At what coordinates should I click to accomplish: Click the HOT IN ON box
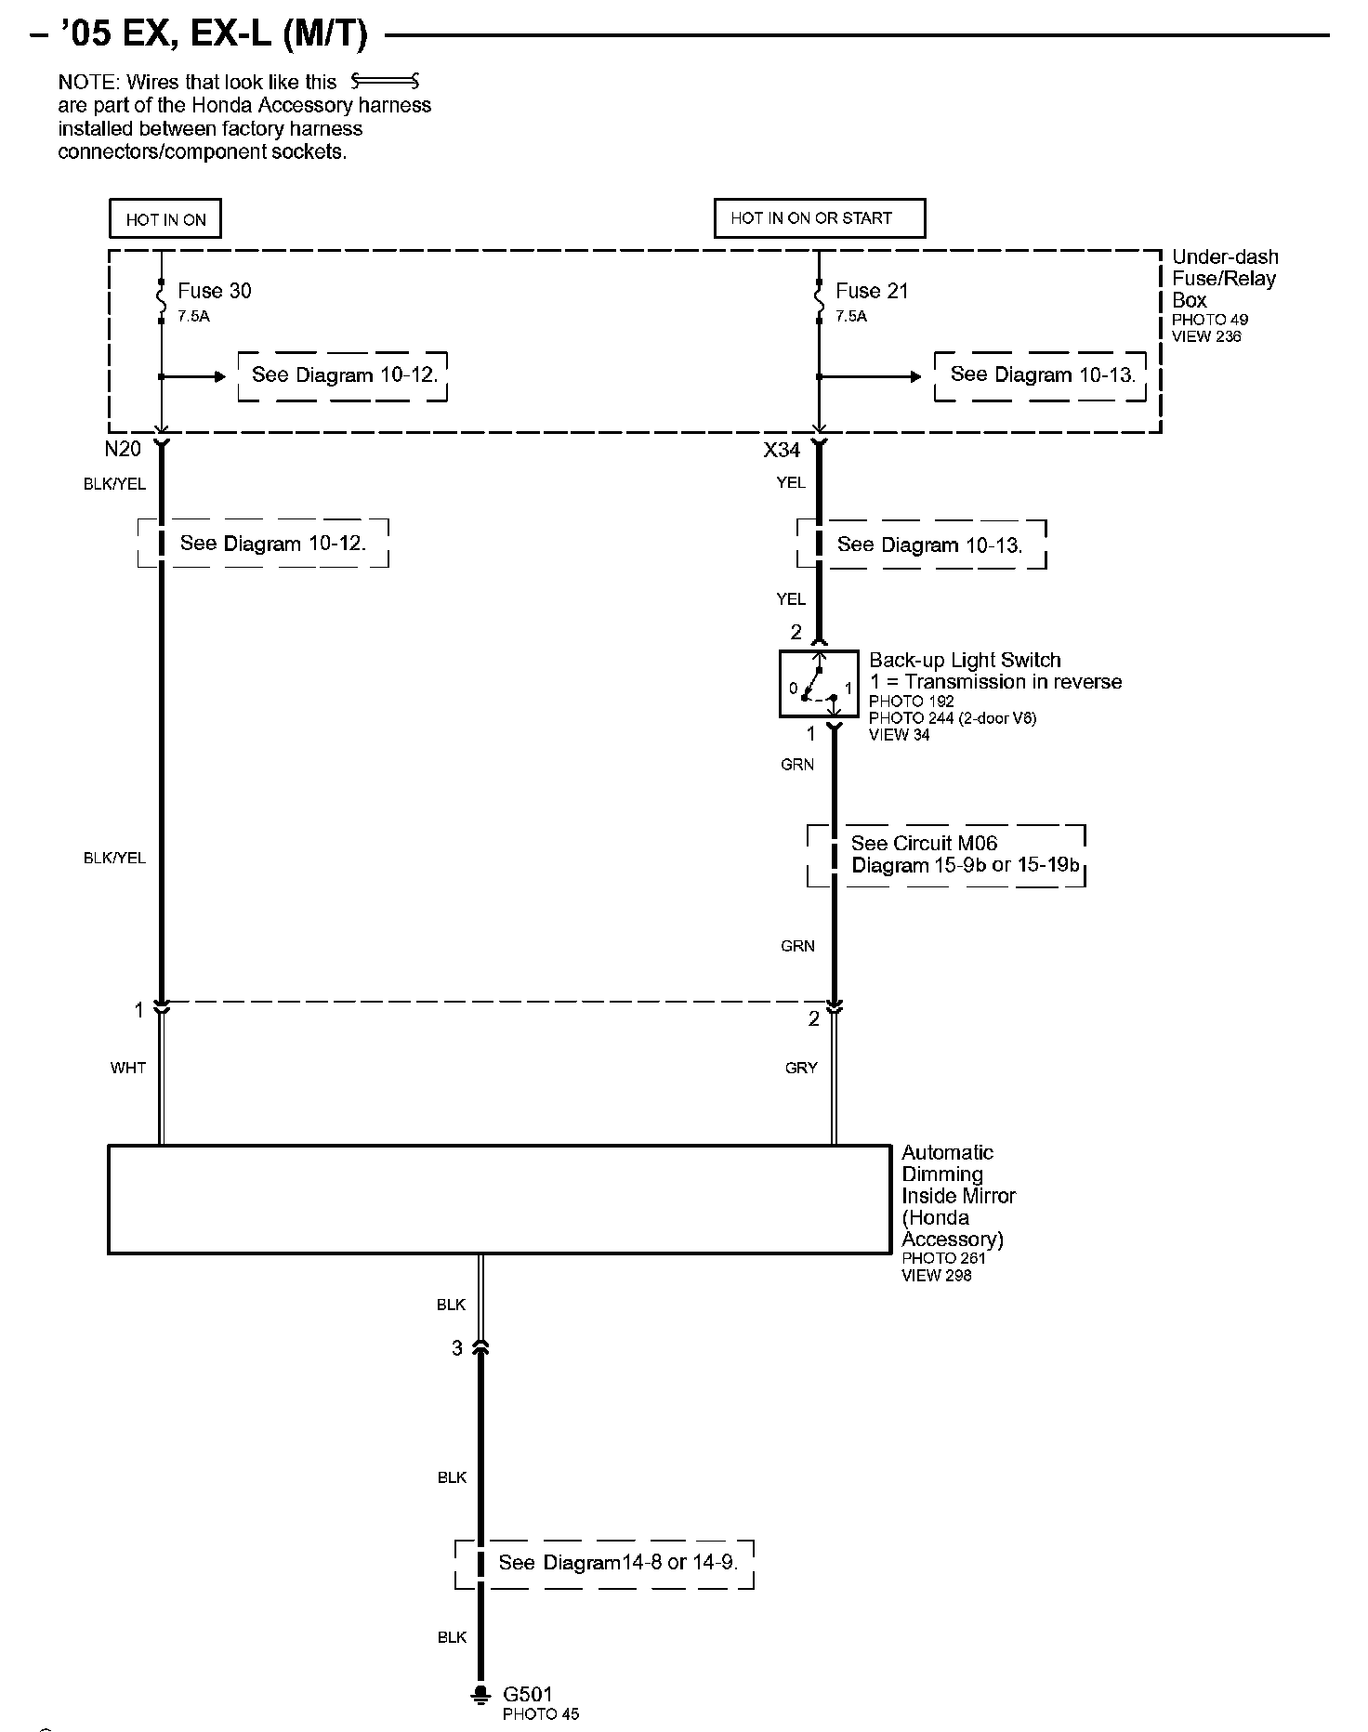pyautogui.click(x=165, y=219)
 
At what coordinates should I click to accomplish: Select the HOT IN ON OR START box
pyautogui.click(x=819, y=218)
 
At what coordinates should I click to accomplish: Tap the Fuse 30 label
pyautogui.click(x=214, y=291)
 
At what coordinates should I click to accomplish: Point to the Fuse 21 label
pyautogui.click(x=871, y=291)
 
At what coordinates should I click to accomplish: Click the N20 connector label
pyautogui.click(x=123, y=450)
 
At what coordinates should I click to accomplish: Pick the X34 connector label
pyautogui.click(x=782, y=451)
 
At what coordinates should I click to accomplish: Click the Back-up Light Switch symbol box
pyautogui.click(x=818, y=684)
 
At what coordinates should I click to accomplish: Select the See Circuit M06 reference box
pyautogui.click(x=946, y=855)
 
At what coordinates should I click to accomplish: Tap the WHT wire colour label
pyautogui.click(x=128, y=1068)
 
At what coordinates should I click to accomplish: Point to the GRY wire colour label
pyautogui.click(x=801, y=1068)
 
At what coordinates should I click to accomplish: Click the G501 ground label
pyautogui.click(x=528, y=1694)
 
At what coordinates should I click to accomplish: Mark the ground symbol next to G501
pyautogui.click(x=480, y=1694)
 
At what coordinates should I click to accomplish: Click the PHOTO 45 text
pyautogui.click(x=541, y=1713)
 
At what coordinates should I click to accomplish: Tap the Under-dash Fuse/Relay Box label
pyautogui.click(x=1224, y=279)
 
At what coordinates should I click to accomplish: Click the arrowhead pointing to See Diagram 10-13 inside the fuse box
pyautogui.click(x=915, y=376)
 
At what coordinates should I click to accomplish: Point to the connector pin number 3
pyautogui.click(x=456, y=1348)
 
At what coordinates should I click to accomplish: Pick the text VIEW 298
pyautogui.click(x=936, y=1276)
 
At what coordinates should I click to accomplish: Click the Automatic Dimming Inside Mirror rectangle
pyautogui.click(x=499, y=1199)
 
